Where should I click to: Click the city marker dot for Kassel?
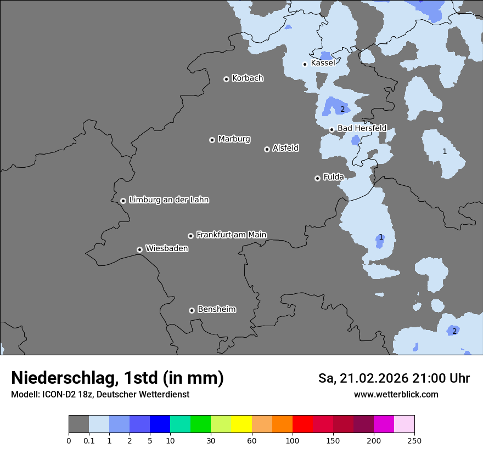[x=305, y=64]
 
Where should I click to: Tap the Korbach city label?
[x=248, y=78]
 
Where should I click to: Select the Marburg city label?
[x=234, y=139]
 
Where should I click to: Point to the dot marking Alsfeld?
[x=267, y=149]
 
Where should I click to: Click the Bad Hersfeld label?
[x=362, y=128]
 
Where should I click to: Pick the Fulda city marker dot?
[x=317, y=178]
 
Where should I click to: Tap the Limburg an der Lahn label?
[x=169, y=200]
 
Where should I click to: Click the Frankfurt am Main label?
[x=231, y=235]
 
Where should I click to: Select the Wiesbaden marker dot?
[x=140, y=249]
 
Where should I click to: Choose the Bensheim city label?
[x=216, y=310]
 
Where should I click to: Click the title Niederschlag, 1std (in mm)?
[x=117, y=378]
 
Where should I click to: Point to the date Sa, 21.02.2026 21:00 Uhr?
[x=394, y=378]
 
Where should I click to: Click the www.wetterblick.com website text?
[x=396, y=395]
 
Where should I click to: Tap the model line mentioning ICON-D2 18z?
[x=100, y=395]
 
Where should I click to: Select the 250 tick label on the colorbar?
[x=414, y=440]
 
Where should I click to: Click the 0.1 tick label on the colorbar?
[x=89, y=440]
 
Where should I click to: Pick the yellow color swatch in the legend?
[x=241, y=424]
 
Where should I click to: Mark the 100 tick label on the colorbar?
[x=293, y=440]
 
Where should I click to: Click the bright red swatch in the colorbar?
[x=302, y=424]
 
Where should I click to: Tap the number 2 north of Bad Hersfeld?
[x=342, y=110]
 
